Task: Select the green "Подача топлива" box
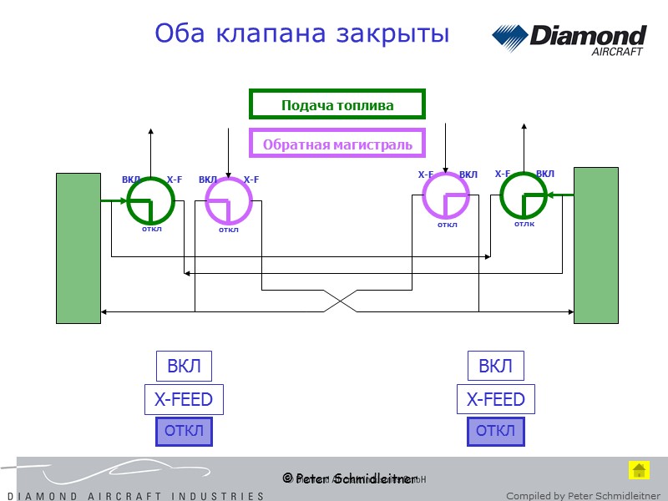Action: [337, 104]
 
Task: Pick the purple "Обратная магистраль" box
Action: [337, 144]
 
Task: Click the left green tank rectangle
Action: [78, 247]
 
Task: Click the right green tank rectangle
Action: [595, 245]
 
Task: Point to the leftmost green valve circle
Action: [150, 200]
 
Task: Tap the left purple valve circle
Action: [228, 201]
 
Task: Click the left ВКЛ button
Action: [184, 366]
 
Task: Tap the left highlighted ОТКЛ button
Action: [184, 432]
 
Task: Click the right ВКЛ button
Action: [495, 366]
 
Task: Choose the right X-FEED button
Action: [495, 399]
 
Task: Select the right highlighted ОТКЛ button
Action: [495, 432]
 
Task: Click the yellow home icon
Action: [638, 469]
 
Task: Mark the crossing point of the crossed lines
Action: [337, 301]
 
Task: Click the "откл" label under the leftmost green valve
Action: [151, 228]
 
